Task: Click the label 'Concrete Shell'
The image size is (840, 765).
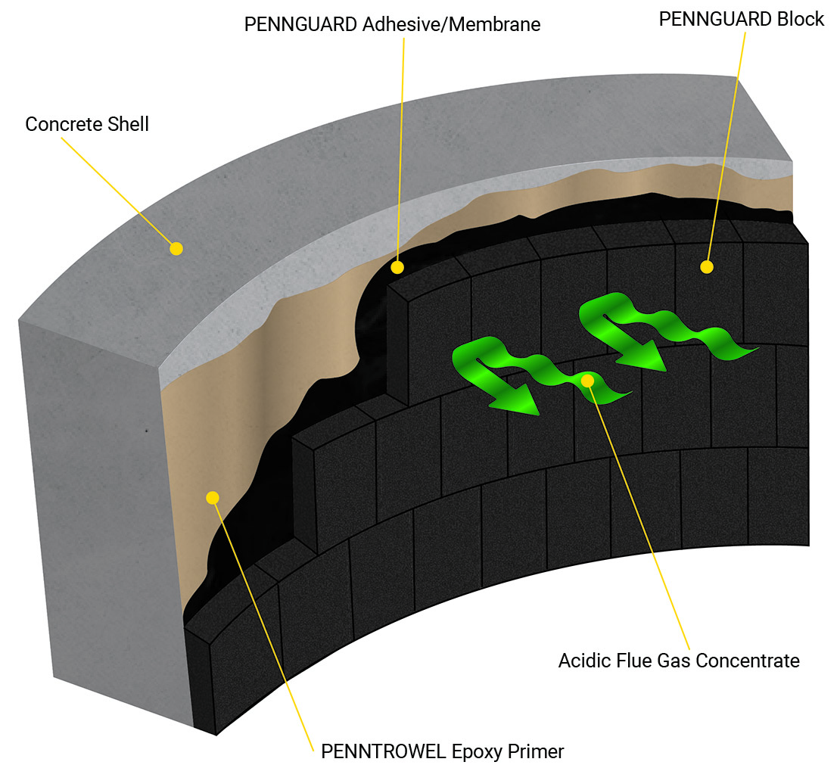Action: (x=87, y=124)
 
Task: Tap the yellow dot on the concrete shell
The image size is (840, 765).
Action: (x=176, y=248)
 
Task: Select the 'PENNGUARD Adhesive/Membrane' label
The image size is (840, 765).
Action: (x=392, y=24)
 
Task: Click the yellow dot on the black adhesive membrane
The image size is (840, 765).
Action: (x=397, y=267)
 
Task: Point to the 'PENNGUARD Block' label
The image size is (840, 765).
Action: (x=741, y=19)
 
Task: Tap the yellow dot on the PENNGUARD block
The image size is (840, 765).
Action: (x=707, y=266)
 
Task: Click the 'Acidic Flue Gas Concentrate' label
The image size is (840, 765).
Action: (x=679, y=661)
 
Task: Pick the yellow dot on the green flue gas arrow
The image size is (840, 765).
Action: (x=587, y=380)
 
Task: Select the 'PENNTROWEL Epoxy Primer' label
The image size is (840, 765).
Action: (x=443, y=751)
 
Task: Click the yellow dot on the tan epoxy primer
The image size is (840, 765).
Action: (x=213, y=497)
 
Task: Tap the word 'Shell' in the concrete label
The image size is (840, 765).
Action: (x=129, y=124)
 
